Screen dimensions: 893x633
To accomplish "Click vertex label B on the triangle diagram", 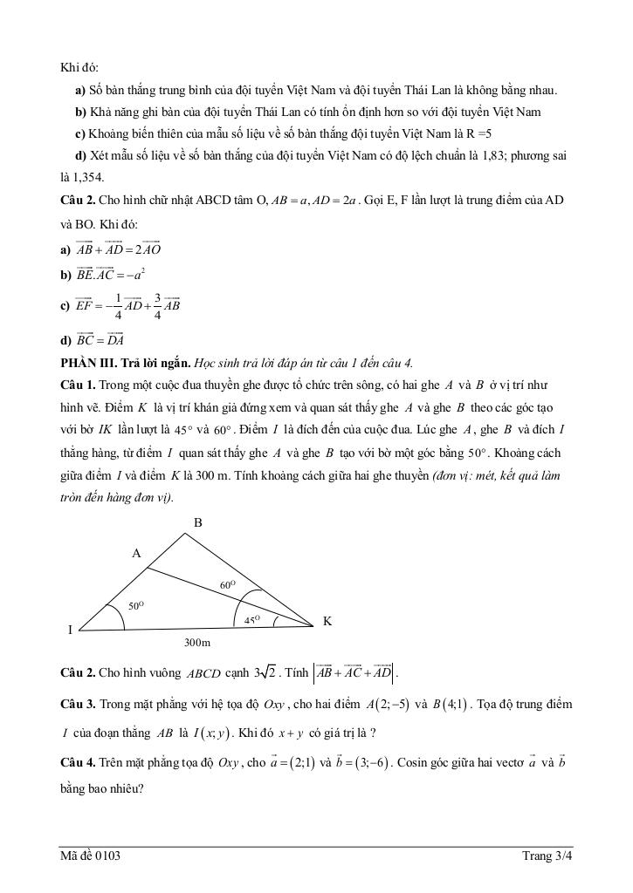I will pyautogui.click(x=198, y=522).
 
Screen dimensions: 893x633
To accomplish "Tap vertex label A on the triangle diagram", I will pyautogui.click(x=136, y=553).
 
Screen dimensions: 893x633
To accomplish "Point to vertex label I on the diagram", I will pyautogui.click(x=70, y=630).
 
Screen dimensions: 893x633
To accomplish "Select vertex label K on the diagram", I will pyautogui.click(x=327, y=621).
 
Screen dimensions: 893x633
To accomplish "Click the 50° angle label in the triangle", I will pyautogui.click(x=135, y=604).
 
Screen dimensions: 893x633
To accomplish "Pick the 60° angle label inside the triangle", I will pyautogui.click(x=228, y=585).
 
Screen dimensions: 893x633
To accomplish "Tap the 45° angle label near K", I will pyautogui.click(x=252, y=618).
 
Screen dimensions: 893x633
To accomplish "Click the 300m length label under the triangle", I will pyautogui.click(x=197, y=643).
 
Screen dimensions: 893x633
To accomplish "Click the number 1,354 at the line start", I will pyautogui.click(x=78, y=178).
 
